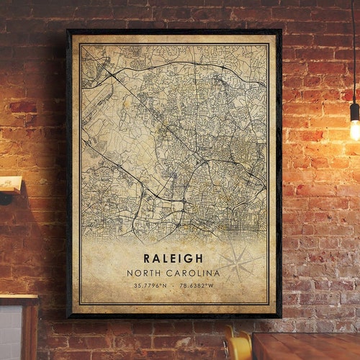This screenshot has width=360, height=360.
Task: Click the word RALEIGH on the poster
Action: click(174, 258)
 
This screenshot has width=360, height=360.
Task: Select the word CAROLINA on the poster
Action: click(193, 273)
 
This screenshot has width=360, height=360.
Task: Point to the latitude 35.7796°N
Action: click(150, 287)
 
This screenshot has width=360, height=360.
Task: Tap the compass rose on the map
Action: click(237, 264)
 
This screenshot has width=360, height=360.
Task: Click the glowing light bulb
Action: click(355, 130)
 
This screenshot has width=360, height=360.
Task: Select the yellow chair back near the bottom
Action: click(236, 344)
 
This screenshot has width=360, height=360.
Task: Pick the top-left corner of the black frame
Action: click(68, 30)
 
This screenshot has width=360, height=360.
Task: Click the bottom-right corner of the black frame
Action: click(280, 316)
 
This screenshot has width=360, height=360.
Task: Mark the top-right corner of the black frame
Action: click(280, 30)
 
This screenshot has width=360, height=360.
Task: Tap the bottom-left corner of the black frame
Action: click(68, 316)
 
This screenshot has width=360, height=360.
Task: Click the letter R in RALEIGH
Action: click(147, 258)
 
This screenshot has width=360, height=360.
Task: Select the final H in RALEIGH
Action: click(201, 258)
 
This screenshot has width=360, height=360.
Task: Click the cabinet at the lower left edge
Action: click(18, 328)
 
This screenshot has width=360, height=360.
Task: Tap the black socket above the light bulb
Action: click(354, 110)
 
